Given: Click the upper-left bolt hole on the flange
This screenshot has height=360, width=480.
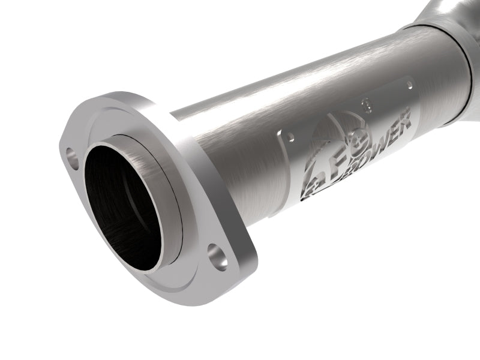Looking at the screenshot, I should click(73, 158).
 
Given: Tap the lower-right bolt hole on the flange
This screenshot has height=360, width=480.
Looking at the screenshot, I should click(219, 255).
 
